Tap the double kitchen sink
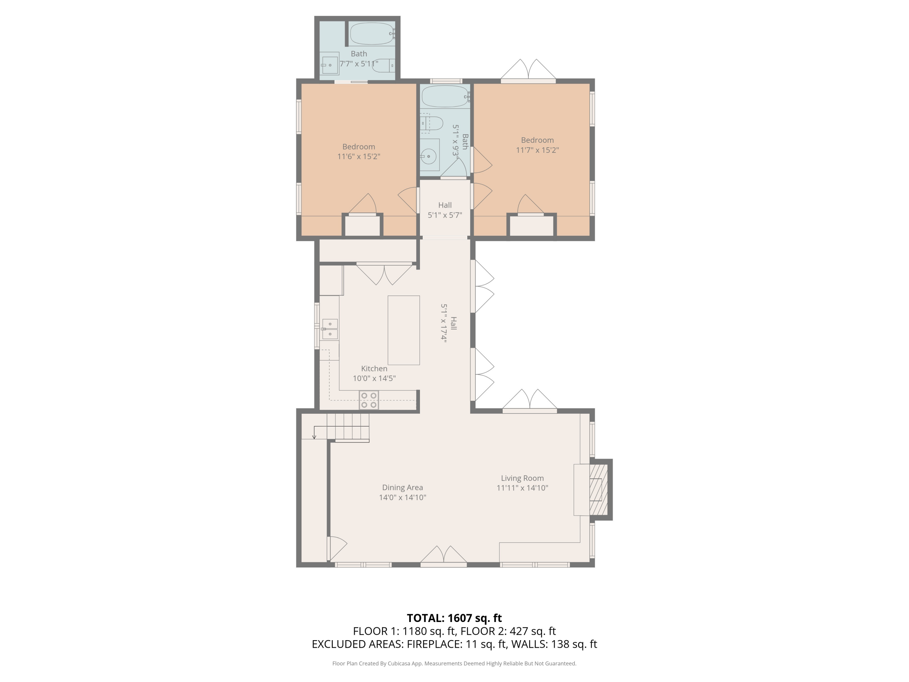point(330,329)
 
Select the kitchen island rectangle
point(404,330)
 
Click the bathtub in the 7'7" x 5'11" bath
point(372,33)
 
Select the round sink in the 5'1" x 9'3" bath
point(429,156)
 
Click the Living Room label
point(522,478)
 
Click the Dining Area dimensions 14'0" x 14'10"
point(402,497)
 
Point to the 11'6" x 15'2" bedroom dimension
point(358,157)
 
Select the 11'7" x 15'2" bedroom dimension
point(537,150)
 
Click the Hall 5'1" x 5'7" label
point(445,210)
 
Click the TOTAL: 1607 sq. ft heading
point(454,618)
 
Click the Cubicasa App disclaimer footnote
point(454,663)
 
